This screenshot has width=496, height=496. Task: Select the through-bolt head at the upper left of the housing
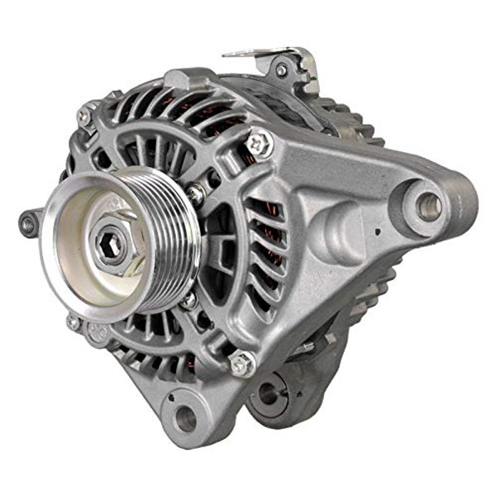coord(83,117)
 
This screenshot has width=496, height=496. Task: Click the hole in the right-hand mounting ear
coord(429,207)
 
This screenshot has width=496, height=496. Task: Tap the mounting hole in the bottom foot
coord(187,417)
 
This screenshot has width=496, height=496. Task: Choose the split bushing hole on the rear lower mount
coord(269,393)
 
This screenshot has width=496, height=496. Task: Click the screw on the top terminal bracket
coord(281,71)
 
